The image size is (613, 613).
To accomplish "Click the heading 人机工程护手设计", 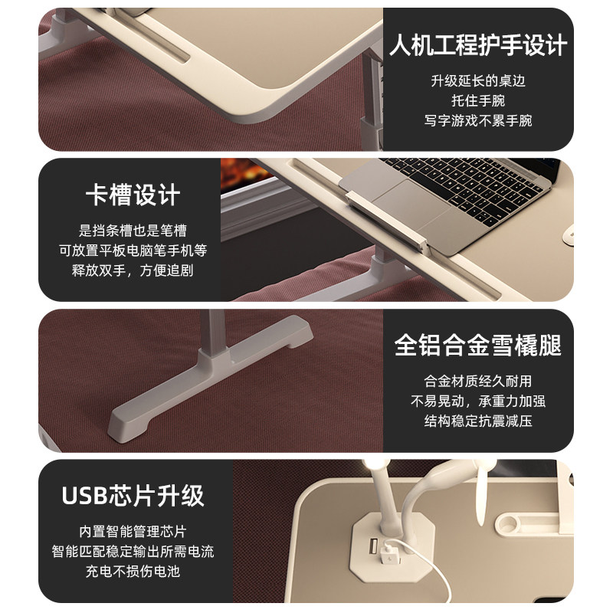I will (x=478, y=45).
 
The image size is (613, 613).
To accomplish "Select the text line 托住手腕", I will (x=478, y=100).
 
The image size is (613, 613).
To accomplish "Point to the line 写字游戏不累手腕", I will (x=478, y=120).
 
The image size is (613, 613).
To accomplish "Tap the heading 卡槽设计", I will (x=133, y=195).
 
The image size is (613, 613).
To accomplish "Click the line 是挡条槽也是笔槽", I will (x=133, y=231).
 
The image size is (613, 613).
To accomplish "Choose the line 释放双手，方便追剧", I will (x=133, y=270).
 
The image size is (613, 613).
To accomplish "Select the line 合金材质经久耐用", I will (x=478, y=381).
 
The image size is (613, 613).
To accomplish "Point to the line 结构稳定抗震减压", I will (x=478, y=421).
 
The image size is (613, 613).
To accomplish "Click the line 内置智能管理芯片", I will (x=133, y=531).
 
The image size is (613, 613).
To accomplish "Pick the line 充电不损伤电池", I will (x=133, y=571).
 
